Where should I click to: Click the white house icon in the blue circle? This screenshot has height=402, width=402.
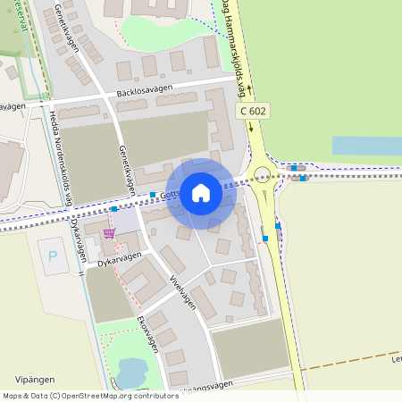click(201, 192)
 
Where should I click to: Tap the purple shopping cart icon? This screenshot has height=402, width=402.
click(109, 233)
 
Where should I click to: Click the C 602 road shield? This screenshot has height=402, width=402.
click(253, 110)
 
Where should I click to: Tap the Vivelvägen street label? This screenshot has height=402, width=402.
click(182, 291)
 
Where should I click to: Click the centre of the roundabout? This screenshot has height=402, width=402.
click(263, 175)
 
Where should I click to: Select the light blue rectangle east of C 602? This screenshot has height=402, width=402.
click(366, 147)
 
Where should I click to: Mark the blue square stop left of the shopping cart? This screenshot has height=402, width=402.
click(114, 209)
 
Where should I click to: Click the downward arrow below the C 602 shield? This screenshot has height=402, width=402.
click(251, 126)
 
